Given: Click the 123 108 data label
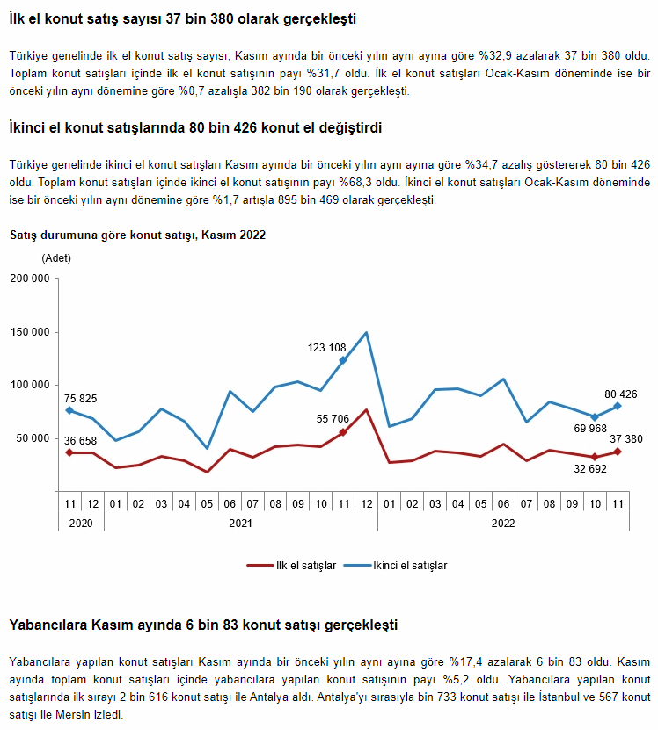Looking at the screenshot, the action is [x=326, y=348].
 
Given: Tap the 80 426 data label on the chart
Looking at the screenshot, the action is [x=621, y=394].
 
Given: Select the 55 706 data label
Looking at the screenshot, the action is [x=333, y=419].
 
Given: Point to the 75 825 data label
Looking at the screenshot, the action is [x=80, y=399].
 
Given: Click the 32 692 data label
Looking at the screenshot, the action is [x=590, y=469].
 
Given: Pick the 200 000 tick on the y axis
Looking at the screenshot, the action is [x=30, y=278].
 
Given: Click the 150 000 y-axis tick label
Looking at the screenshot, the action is [x=30, y=332].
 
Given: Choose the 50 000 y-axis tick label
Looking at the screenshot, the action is [x=33, y=438].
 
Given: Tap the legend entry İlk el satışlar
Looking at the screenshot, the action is [x=291, y=565].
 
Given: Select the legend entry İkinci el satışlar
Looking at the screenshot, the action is [x=396, y=565].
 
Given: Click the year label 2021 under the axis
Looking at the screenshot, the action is [x=241, y=524].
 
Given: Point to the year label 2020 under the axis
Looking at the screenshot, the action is [x=81, y=524].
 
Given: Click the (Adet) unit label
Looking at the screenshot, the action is [x=56, y=258].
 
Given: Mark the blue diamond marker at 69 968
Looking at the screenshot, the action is [x=595, y=417].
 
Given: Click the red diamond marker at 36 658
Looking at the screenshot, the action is [x=69, y=452].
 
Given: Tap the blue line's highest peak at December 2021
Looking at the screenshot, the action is [x=367, y=332].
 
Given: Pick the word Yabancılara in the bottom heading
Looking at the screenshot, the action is [x=48, y=625].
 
